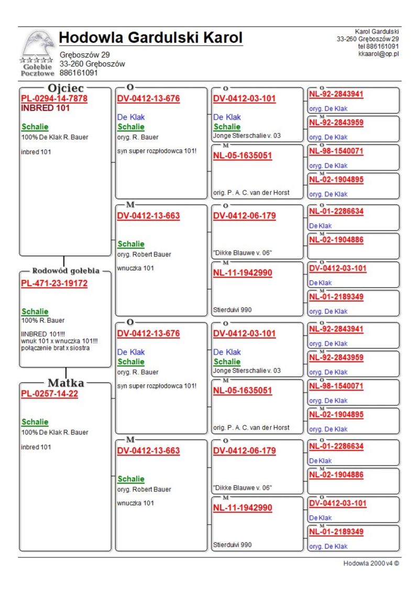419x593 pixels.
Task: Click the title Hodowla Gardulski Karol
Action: coord(151,38)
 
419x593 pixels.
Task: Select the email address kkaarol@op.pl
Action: coord(378,53)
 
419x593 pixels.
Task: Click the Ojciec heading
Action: coord(65,88)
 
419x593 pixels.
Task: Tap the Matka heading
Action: coord(65,382)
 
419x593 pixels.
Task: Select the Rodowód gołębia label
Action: coord(65,271)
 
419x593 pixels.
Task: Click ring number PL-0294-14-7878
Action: coord(54,99)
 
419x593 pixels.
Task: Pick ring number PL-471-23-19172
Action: coord(54,284)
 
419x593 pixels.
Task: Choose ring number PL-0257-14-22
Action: coord(49,394)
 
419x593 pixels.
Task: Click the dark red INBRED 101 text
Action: coord(45,109)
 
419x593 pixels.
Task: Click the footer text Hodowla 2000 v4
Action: coord(371,564)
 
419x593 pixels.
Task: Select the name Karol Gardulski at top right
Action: coord(377,32)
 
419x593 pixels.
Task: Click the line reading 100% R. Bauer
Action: coord(43,320)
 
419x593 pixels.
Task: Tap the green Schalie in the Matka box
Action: coord(35,422)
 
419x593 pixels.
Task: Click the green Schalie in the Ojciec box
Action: coord(35,127)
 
